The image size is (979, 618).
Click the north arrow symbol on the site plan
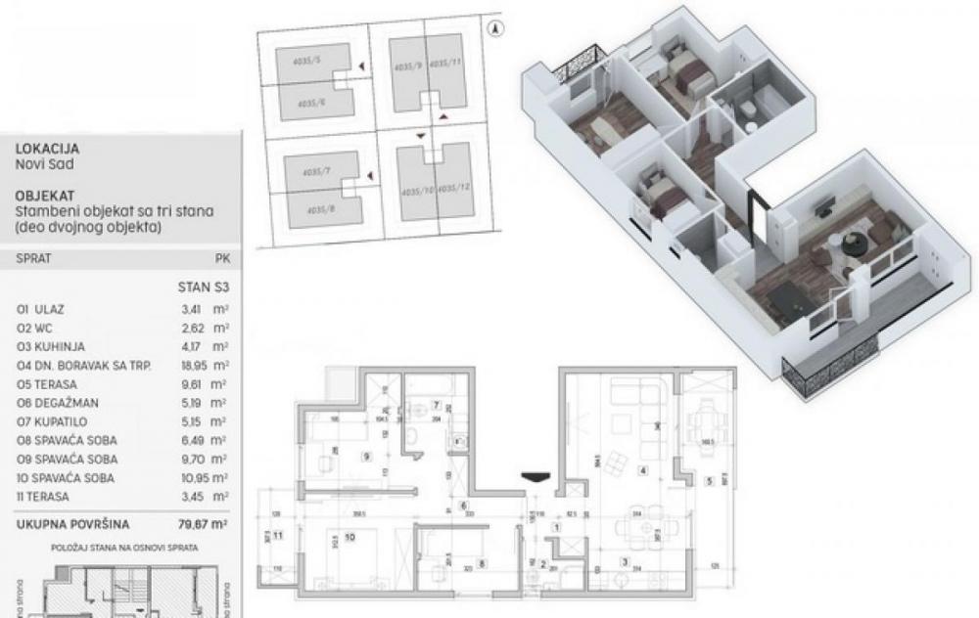point(498,28)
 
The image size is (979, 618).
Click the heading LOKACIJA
point(42,148)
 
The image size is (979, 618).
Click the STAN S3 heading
point(202,288)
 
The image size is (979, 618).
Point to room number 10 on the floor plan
point(349,537)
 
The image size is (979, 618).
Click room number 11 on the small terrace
point(279,536)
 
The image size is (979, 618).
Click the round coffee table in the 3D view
point(854,243)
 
